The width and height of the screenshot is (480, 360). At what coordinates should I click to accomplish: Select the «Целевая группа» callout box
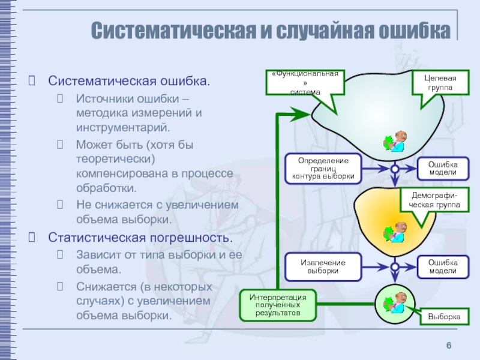tap(440, 83)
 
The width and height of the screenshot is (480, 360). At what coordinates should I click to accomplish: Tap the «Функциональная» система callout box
tap(305, 82)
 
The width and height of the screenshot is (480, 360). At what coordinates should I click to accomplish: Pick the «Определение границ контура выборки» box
tap(323, 169)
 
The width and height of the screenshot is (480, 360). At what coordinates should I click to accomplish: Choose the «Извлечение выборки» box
tap(323, 267)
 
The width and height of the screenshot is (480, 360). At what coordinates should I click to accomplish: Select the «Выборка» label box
tap(444, 316)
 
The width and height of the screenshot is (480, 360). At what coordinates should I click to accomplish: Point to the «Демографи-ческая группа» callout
tap(434, 200)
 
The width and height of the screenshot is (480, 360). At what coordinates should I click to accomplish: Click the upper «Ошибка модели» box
tap(442, 169)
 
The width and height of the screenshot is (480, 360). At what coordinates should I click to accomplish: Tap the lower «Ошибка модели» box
tap(442, 267)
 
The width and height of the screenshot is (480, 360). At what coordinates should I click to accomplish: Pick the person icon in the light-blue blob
tap(394, 142)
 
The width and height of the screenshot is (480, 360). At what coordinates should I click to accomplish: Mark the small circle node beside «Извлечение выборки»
tap(395, 267)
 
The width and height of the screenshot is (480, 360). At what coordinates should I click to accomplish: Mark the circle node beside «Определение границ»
tap(395, 169)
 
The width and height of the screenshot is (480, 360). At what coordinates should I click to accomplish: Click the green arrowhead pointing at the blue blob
tap(300, 113)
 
